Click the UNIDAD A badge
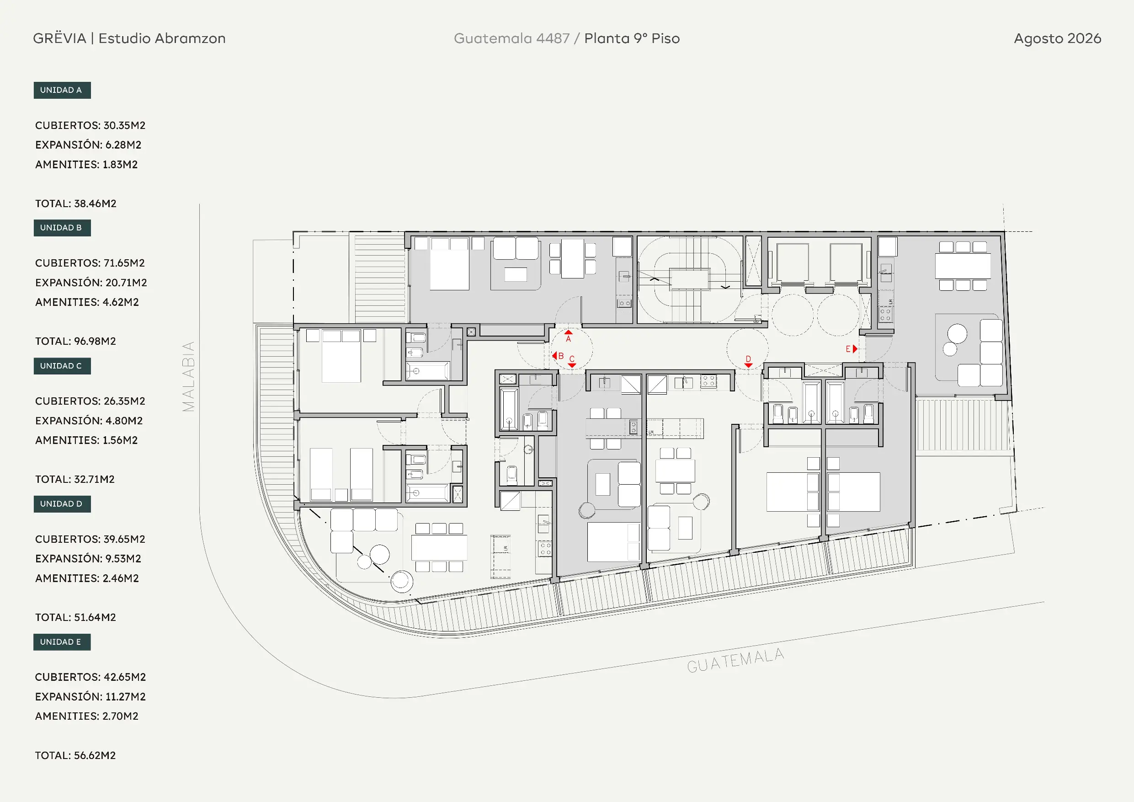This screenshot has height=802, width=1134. (x=62, y=90)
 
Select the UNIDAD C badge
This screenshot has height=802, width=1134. (x=62, y=366)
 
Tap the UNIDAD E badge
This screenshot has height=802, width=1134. (x=62, y=642)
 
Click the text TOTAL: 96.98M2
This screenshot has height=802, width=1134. (x=75, y=341)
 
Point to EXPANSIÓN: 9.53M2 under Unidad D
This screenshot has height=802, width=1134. (x=88, y=558)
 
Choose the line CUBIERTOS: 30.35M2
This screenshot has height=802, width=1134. (x=91, y=125)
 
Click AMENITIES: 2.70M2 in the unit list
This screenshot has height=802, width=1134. (x=86, y=716)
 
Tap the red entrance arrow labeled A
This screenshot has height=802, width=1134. (x=569, y=332)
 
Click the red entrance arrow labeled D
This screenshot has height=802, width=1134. (x=748, y=366)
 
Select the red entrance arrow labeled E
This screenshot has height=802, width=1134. (x=855, y=349)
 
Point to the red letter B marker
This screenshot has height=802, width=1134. (x=561, y=356)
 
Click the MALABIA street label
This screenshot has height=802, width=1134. (x=189, y=377)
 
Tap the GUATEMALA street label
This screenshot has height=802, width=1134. (x=735, y=660)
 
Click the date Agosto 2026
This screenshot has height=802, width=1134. (x=1058, y=38)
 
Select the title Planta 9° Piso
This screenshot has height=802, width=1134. (x=632, y=38)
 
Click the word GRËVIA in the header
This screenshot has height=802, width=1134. (x=60, y=38)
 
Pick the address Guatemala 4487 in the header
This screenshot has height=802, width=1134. (x=511, y=38)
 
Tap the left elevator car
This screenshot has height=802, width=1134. (x=792, y=263)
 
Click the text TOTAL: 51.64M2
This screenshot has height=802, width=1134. (x=75, y=617)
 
